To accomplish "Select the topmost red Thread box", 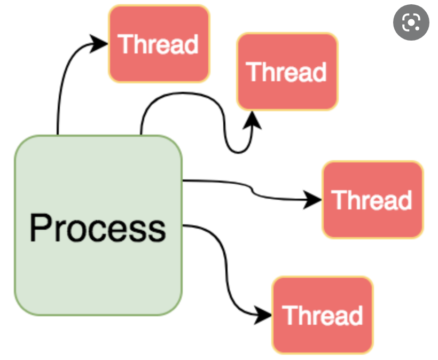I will (x=159, y=44).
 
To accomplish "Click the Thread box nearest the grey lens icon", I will (x=287, y=72).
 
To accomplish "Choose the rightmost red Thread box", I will (x=372, y=200).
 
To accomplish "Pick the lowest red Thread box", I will (x=322, y=315).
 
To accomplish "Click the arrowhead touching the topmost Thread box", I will (x=99, y=43).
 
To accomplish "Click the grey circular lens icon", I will (x=411, y=23).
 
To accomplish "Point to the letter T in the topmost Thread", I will (x=125, y=44).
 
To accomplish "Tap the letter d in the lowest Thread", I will (x=355, y=315).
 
